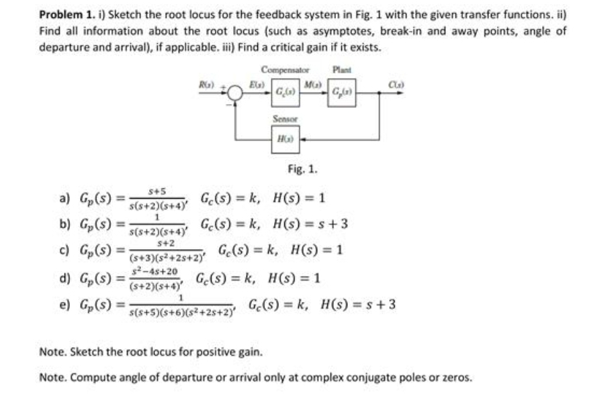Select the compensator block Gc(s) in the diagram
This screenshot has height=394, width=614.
[283, 91]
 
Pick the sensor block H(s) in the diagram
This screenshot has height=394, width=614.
[283, 140]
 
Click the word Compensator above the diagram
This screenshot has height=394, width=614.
[285, 68]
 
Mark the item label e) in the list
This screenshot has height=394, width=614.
[67, 305]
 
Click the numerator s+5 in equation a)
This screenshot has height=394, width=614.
[157, 191]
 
